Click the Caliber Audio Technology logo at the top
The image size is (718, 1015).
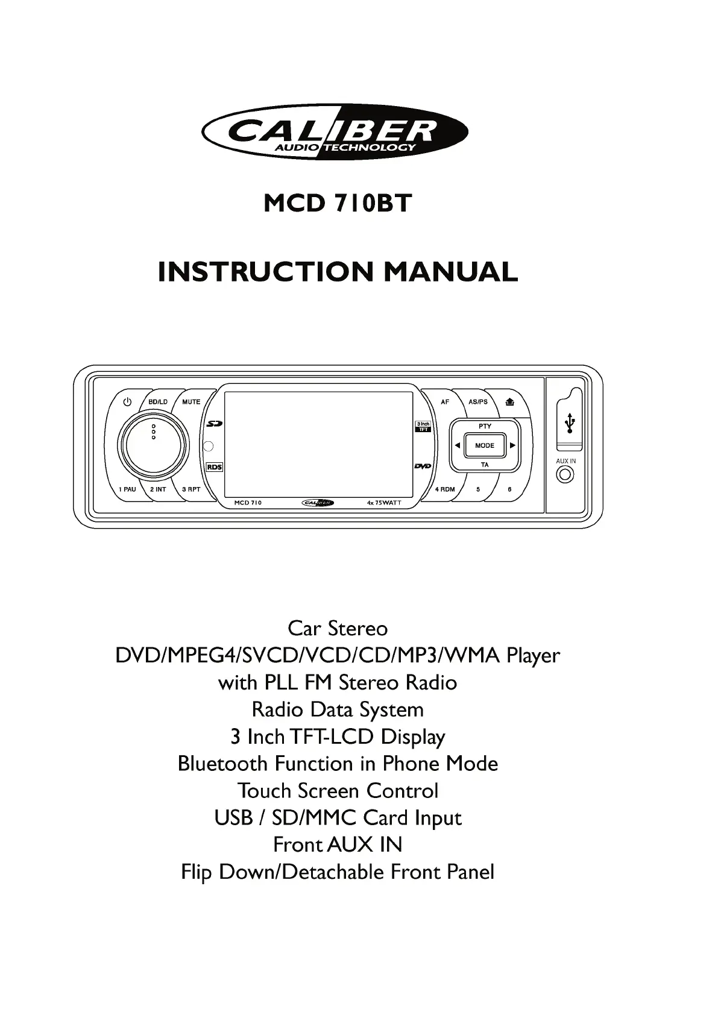[335, 131]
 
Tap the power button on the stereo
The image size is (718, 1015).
[127, 402]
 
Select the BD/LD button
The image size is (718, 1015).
[158, 402]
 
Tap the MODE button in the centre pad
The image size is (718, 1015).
[485, 445]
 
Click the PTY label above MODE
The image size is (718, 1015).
[485, 426]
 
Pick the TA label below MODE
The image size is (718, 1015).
[485, 465]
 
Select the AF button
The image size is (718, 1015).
[445, 402]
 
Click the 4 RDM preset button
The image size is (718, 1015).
[445, 489]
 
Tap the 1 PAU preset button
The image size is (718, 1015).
[127, 489]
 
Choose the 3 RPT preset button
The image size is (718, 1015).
[191, 489]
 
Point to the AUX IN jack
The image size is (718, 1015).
[565, 475]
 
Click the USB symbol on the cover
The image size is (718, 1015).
[570, 423]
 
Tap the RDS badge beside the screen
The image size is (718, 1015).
[215, 467]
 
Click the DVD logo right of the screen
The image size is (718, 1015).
[423, 467]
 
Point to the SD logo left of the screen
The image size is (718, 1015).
[215, 424]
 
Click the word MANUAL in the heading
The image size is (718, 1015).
[450, 272]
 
